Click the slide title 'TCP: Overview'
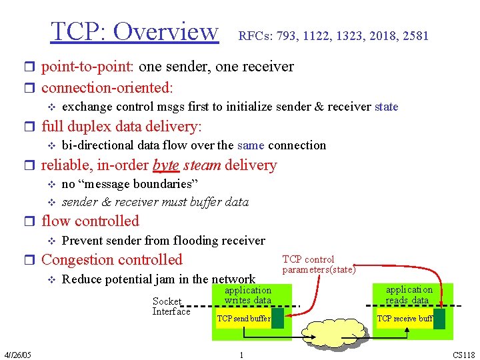(x=135, y=31)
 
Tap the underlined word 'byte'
(x=165, y=165)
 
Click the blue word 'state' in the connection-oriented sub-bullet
(x=386, y=107)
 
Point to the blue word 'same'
(x=251, y=145)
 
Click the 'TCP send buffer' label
(x=243, y=319)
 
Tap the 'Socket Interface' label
(x=171, y=307)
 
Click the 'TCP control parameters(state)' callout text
(x=319, y=265)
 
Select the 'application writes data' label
(x=247, y=295)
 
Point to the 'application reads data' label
(x=409, y=295)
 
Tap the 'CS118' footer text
(x=464, y=355)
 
